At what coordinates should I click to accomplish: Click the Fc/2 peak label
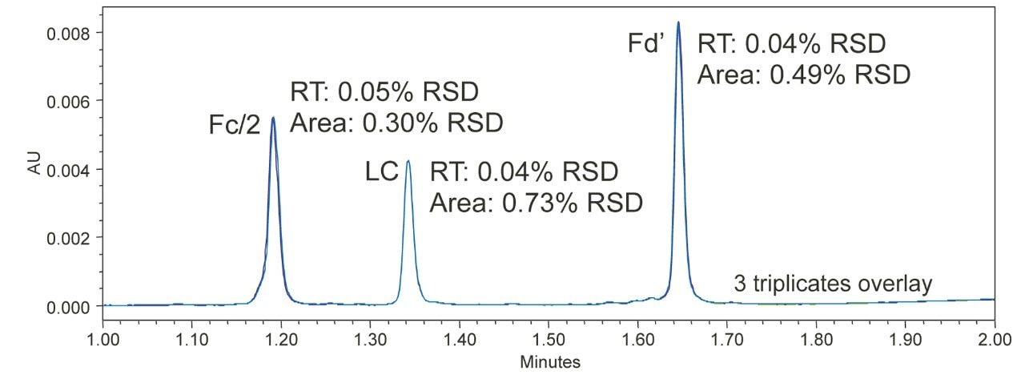(235, 126)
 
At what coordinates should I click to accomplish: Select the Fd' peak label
(646, 44)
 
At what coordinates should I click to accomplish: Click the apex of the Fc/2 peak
(273, 118)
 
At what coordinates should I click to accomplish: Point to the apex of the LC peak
(408, 161)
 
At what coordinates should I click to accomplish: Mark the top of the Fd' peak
(678, 22)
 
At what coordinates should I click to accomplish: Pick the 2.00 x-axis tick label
(994, 340)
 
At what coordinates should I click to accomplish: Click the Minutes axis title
(550, 362)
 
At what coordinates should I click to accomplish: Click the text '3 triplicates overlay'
(833, 284)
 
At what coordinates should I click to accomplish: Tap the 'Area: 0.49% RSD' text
(804, 75)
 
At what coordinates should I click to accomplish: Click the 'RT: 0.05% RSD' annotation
(384, 92)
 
